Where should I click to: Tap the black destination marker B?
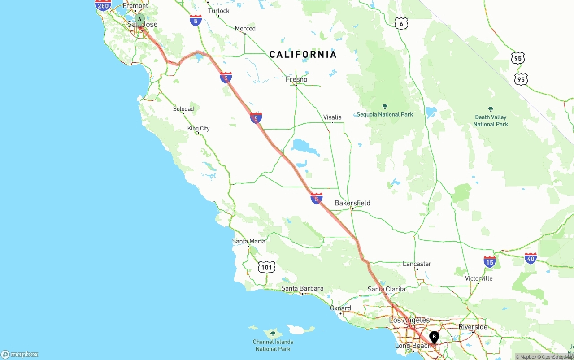434,337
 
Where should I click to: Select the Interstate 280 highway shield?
103,5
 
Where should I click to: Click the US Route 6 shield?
401,23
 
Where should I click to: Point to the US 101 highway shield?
266,268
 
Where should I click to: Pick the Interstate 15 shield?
490,262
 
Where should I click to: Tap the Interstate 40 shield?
531,258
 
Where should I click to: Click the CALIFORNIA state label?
303,55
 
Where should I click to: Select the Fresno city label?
296,79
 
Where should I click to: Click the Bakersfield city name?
352,203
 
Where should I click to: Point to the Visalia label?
332,117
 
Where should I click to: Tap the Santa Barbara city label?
302,288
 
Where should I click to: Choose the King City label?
198,129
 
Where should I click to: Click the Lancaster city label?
417,264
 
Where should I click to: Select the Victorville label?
478,278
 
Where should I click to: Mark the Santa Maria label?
248,241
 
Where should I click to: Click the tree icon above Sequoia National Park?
385,107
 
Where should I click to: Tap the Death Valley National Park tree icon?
491,109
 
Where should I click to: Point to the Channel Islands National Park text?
273,345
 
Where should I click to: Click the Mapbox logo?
20,354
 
